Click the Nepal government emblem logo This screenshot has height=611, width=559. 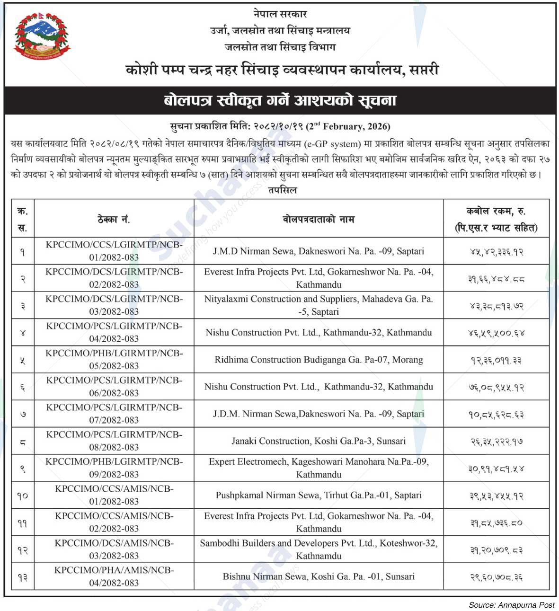pyautogui.click(x=42, y=36)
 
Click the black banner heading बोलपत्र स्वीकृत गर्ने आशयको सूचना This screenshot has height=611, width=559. pyautogui.click(x=280, y=100)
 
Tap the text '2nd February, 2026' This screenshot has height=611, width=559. pyautogui.click(x=348, y=126)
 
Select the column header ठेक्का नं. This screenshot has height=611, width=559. pyautogui.click(x=114, y=219)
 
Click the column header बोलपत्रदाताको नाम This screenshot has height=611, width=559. pyautogui.click(x=319, y=219)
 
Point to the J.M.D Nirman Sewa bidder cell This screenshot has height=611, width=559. pyautogui.click(x=319, y=251)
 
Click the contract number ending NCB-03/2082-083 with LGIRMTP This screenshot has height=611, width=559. pyautogui.click(x=114, y=305)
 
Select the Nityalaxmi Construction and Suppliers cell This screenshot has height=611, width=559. pyautogui.click(x=319, y=305)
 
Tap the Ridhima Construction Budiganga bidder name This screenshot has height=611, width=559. pyautogui.click(x=319, y=360)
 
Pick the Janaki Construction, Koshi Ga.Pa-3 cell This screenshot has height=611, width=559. pyautogui.click(x=319, y=441)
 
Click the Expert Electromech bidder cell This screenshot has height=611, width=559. pyautogui.click(x=319, y=468)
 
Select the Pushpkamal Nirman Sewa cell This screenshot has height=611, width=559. pyautogui.click(x=319, y=496)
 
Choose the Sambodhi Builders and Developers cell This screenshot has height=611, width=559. pyautogui.click(x=319, y=549)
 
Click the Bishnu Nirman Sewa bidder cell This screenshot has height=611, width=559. pyautogui.click(x=319, y=576)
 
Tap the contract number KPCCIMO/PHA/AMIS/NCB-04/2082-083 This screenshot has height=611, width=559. pyautogui.click(x=114, y=576)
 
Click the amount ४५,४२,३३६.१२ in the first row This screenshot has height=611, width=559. pyautogui.click(x=496, y=252)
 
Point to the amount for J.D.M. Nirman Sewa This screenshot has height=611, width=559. pyautogui.click(x=496, y=415)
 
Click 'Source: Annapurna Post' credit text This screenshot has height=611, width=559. pyautogui.click(x=511, y=605)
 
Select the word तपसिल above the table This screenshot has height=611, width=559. pyautogui.click(x=282, y=190)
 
